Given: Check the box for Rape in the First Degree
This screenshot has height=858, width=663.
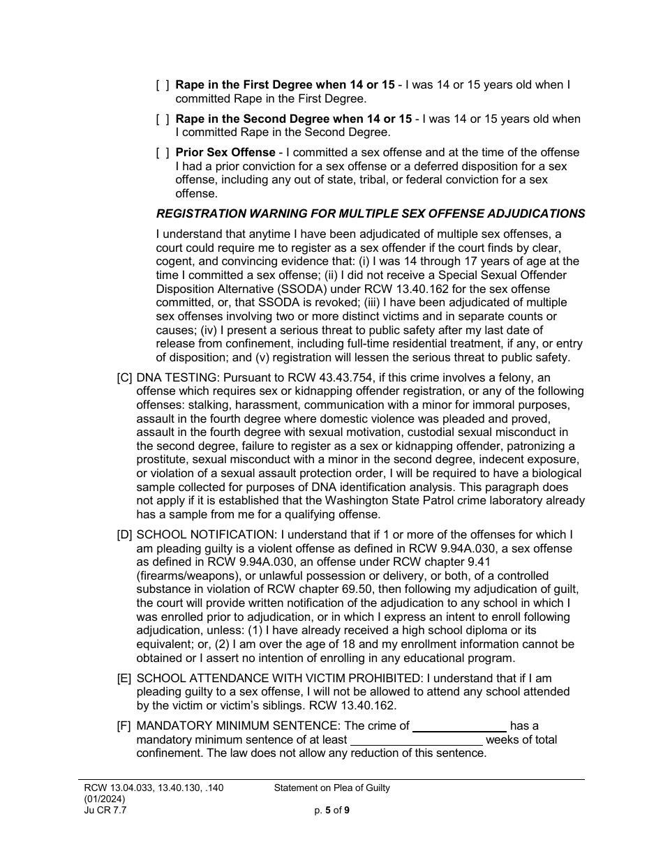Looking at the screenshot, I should (x=162, y=85).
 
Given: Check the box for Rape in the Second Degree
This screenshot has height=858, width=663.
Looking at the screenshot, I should (x=162, y=119).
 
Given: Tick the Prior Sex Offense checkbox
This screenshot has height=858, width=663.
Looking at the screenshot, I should (x=162, y=152).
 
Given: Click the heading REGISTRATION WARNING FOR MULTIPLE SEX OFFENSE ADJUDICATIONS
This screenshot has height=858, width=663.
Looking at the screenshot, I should (x=370, y=213).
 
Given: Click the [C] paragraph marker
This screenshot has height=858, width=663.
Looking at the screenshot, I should (x=124, y=377).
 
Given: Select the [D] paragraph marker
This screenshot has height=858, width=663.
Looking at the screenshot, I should (x=124, y=535).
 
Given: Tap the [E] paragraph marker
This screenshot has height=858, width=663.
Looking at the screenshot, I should (x=124, y=678).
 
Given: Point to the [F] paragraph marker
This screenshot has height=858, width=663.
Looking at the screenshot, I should (x=124, y=725).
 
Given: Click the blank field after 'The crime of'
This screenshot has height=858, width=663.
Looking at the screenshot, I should (x=459, y=725).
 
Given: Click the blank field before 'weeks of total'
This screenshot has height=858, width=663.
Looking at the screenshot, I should (x=416, y=739).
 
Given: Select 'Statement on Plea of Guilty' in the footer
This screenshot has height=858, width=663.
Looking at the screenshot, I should (x=331, y=788).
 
